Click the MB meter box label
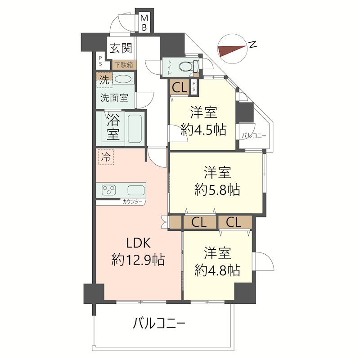coord(144,22)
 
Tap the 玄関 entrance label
coord(121,48)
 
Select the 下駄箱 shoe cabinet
coord(124,65)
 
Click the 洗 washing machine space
coord(104,80)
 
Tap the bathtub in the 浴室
coord(135,129)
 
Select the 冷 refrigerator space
coord(106,157)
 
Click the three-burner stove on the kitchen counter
coord(109,190)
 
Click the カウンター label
coord(132,202)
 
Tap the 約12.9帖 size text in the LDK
coord(138,260)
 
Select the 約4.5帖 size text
coord(204,130)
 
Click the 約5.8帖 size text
coord(217,189)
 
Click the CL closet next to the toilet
coord(179,87)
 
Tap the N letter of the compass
coord(252,44)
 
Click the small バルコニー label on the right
coord(254,136)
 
